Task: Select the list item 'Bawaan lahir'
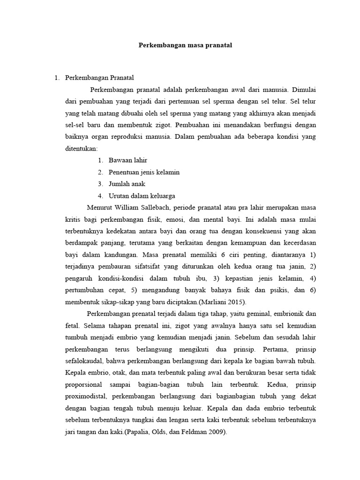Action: (x=127, y=160)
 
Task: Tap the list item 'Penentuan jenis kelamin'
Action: (x=144, y=172)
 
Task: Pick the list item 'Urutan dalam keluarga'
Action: (x=142, y=195)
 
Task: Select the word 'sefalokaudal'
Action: (x=85, y=361)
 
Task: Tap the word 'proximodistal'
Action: (x=86, y=397)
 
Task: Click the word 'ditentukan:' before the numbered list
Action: (x=82, y=148)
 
